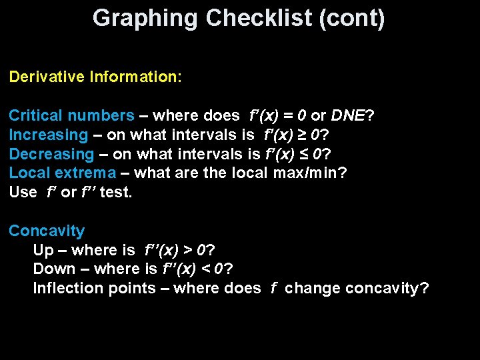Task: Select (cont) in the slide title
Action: pyautogui.click(x=353, y=18)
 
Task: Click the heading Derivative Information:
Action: pyautogui.click(x=95, y=77)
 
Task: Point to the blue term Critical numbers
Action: pyautogui.click(x=71, y=115)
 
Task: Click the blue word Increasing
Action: pyautogui.click(x=48, y=135)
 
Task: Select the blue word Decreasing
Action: pyautogui.click(x=51, y=154)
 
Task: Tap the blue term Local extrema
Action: pyautogui.click(x=62, y=173)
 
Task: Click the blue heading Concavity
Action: pyautogui.click(x=47, y=231)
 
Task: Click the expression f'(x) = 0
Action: pyautogui.click(x=277, y=115)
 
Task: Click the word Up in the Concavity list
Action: pyautogui.click(x=42, y=250)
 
